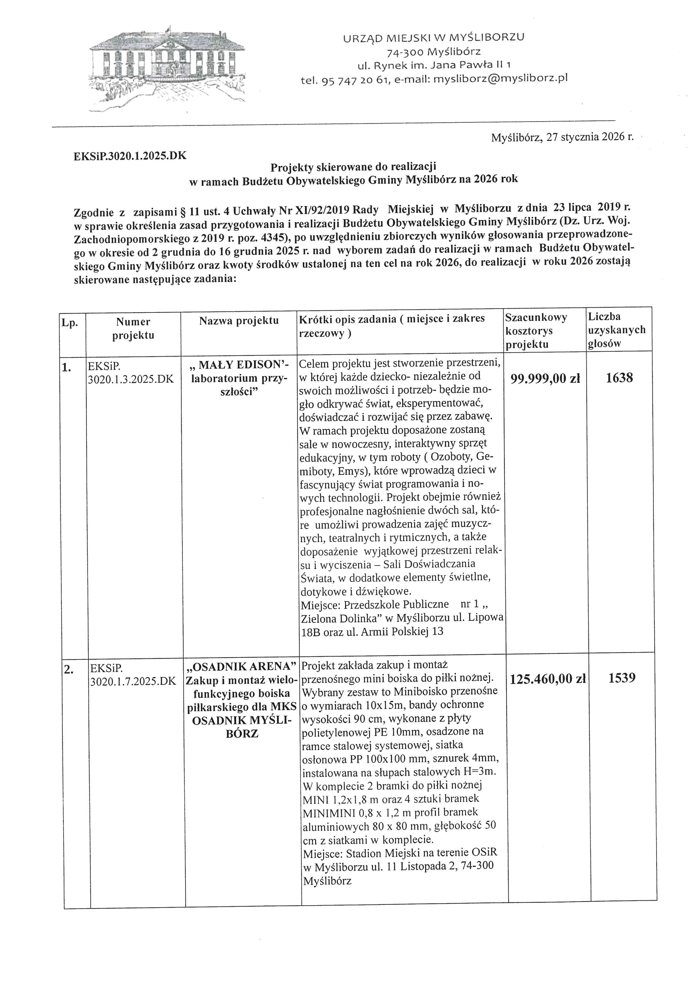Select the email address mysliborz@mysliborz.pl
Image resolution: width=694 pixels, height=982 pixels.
pyautogui.click(x=500, y=79)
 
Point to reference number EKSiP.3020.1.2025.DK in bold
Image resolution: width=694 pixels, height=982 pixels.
pyautogui.click(x=130, y=156)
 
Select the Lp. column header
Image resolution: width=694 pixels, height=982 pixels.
pyautogui.click(x=70, y=323)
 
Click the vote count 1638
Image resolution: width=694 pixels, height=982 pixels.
pyautogui.click(x=619, y=378)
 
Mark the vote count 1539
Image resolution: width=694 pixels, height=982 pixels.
pyautogui.click(x=622, y=678)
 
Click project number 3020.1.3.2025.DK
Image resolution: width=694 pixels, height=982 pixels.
pyautogui.click(x=131, y=379)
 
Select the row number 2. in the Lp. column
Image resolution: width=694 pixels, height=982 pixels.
pyautogui.click(x=68, y=670)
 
